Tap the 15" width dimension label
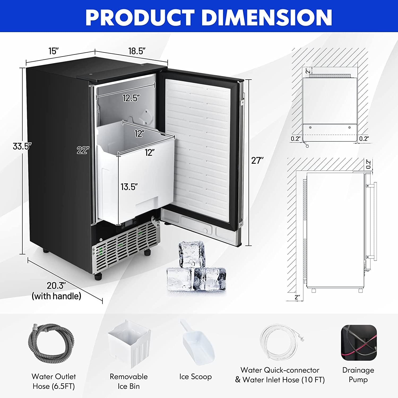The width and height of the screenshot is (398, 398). point(54,51)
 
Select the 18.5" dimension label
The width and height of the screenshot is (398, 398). point(137,51)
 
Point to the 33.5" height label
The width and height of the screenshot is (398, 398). point(22,146)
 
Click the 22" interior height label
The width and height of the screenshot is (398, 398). point(83,150)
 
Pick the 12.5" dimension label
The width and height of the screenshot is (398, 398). point(131,98)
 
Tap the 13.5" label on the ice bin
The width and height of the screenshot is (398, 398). point(129,187)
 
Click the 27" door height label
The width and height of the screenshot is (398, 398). point(257,161)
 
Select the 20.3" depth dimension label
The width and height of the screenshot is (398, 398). point(56,285)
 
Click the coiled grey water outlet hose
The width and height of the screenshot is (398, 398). point(51,343)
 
